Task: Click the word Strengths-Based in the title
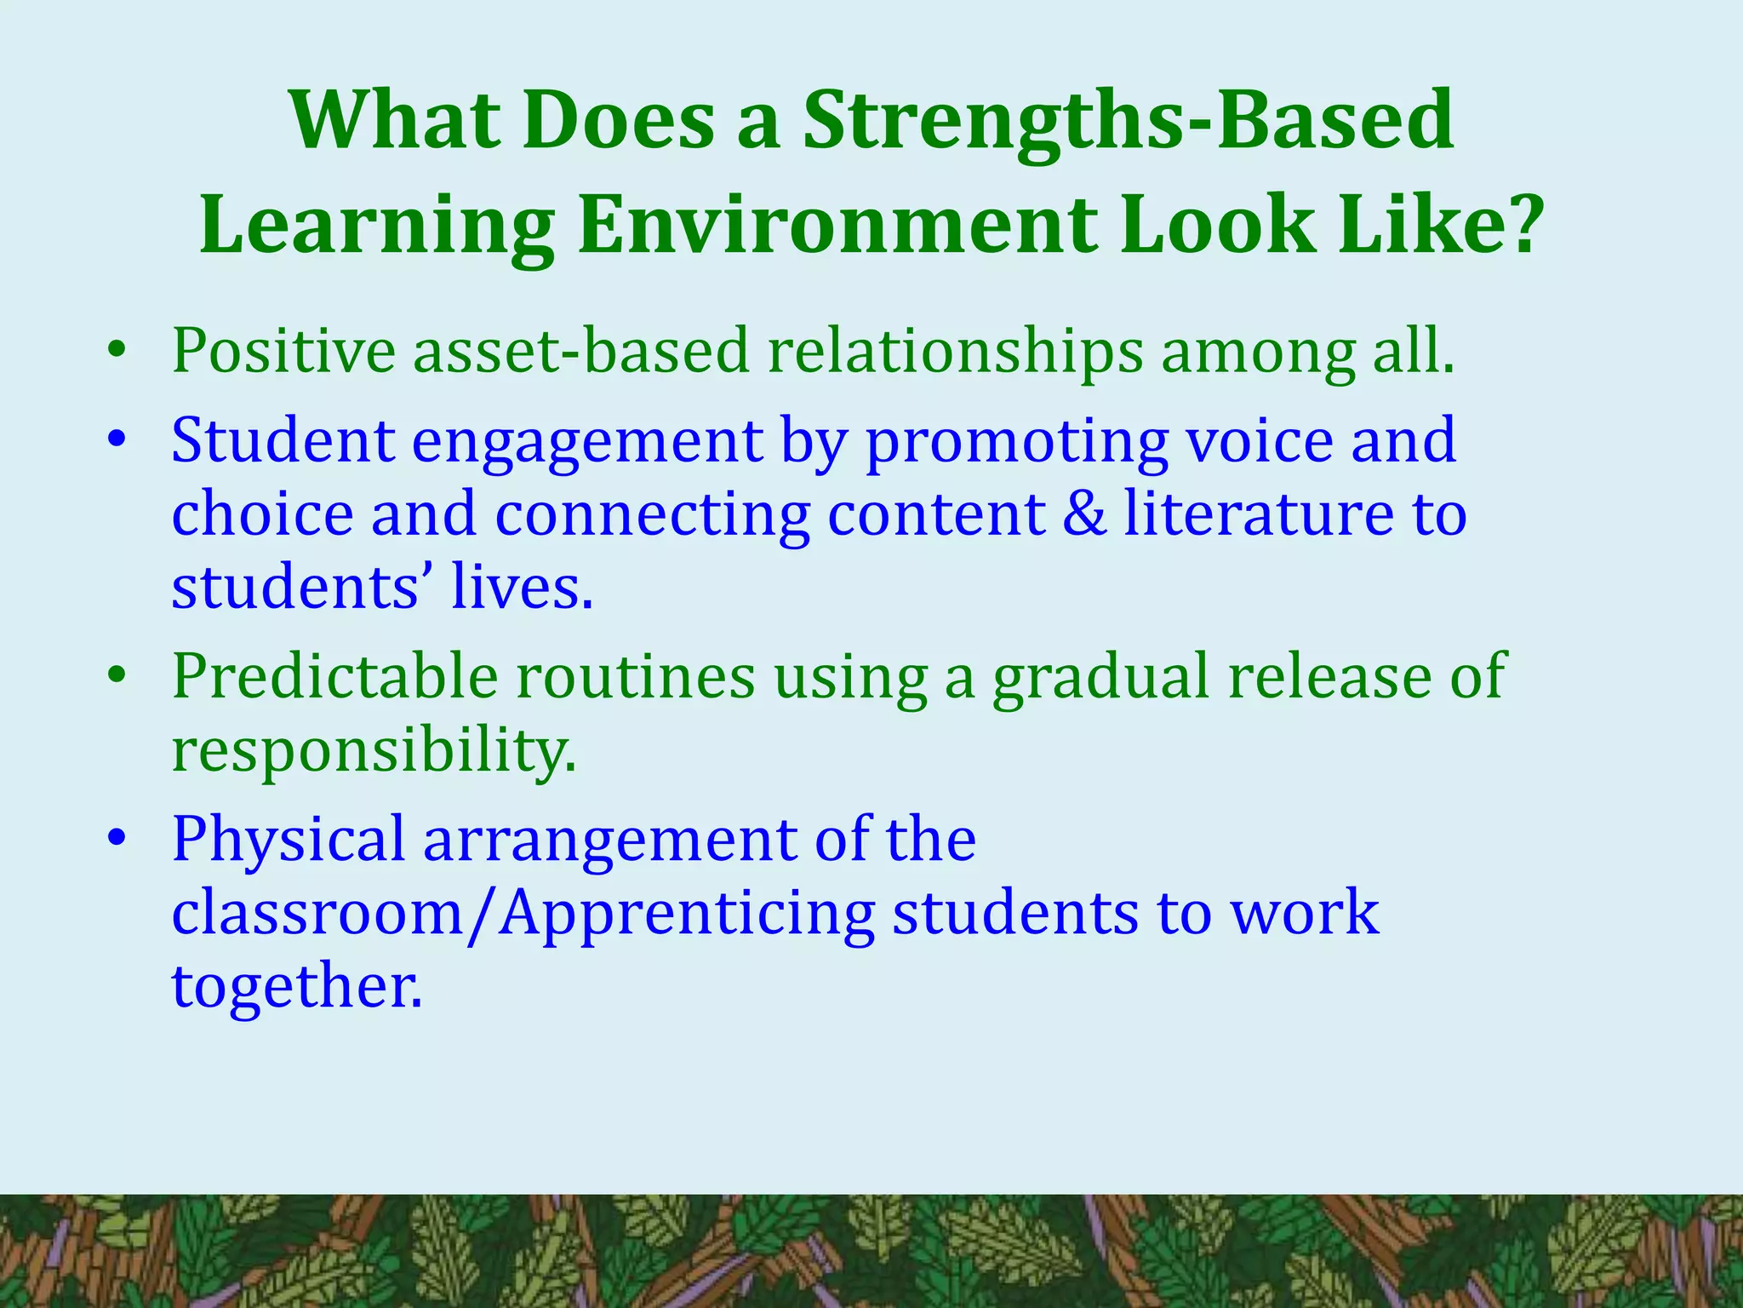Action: pos(1129,122)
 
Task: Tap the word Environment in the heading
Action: pos(837,226)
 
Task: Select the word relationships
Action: pos(956,351)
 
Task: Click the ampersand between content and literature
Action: pos(1084,514)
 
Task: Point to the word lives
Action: pos(521,588)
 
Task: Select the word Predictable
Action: pos(335,675)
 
